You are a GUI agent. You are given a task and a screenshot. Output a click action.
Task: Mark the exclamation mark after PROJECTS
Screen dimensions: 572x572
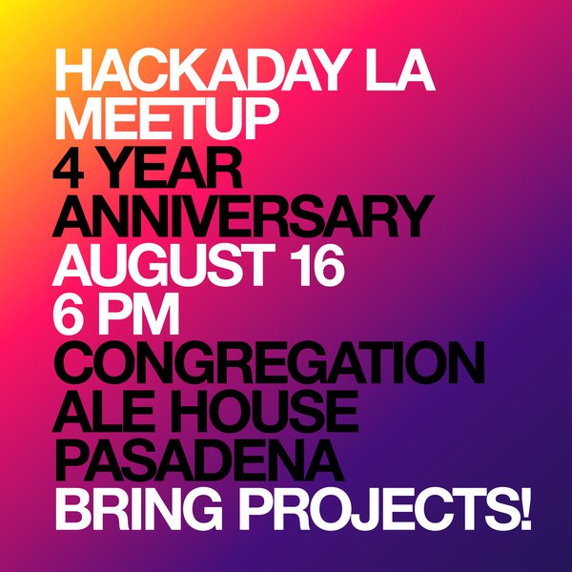click(x=523, y=518)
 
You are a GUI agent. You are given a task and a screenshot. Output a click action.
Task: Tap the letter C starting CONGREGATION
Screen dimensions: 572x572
click(x=76, y=370)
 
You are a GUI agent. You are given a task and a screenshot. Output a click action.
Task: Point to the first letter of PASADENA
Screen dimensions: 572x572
click(x=73, y=469)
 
